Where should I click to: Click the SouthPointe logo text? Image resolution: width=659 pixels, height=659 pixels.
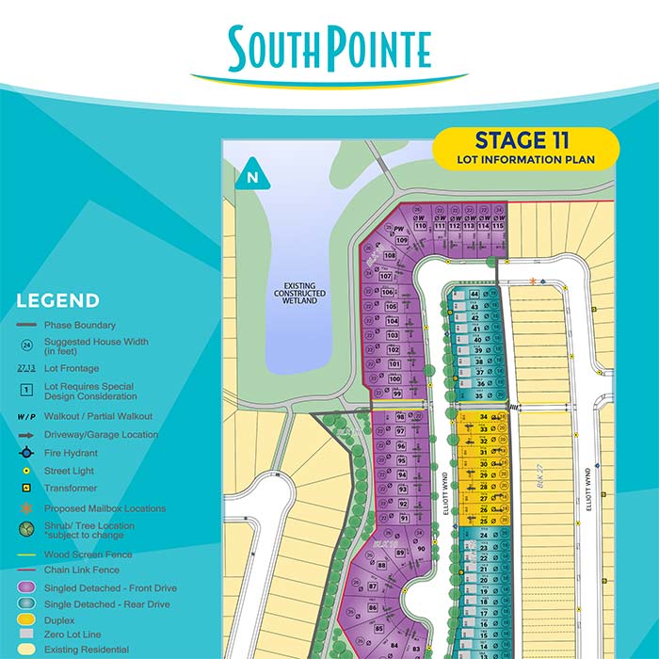point(329,49)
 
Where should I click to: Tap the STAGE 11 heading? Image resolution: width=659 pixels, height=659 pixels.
point(524,141)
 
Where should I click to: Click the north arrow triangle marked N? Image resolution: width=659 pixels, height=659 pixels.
point(251,174)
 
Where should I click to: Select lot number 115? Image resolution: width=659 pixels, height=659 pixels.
point(499,226)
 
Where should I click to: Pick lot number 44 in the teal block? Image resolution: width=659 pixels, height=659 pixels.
point(475,294)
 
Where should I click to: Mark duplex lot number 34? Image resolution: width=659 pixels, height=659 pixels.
point(484,416)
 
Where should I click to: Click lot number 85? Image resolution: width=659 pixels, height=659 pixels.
point(379,629)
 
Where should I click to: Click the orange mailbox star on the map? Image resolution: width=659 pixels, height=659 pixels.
point(534,281)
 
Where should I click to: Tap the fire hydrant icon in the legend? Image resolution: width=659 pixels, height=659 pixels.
point(27,452)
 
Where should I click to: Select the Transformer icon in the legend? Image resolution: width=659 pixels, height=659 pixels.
point(27,489)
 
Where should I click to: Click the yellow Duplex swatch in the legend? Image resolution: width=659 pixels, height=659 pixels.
point(27,620)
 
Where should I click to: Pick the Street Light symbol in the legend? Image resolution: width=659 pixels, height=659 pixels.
point(27,470)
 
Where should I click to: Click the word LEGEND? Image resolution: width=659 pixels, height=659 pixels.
point(58,301)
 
